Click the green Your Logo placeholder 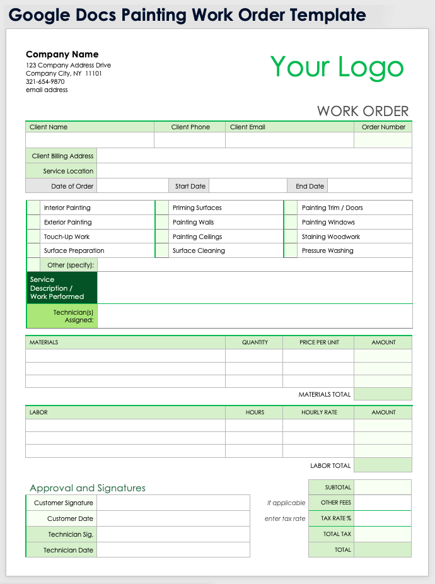point(337,67)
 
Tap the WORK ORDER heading point(362,111)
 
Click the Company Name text point(62,54)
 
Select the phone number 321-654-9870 point(45,81)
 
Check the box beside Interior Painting point(33,207)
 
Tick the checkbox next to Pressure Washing point(291,250)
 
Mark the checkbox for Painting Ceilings point(162,237)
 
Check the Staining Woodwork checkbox point(291,237)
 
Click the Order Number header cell point(383,127)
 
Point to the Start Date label point(190,186)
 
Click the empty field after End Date point(369,186)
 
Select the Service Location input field point(254,171)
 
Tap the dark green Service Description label point(62,288)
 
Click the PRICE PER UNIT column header point(319,342)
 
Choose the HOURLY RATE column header point(319,412)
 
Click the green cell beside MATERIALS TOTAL point(383,394)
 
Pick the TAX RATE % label point(336,518)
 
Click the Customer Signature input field point(173,503)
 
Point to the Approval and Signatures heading point(88,488)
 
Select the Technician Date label point(68,550)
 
